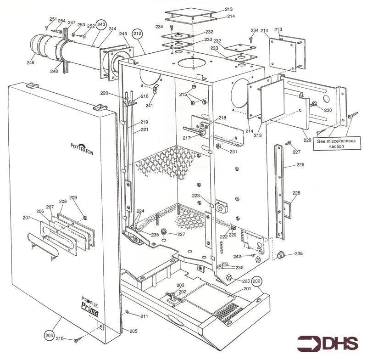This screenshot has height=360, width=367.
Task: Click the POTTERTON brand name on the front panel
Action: [82, 149]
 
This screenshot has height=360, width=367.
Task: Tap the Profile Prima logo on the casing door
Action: [89, 305]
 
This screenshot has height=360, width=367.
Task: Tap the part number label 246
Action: [30, 63]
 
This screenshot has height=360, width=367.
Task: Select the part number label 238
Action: [299, 253]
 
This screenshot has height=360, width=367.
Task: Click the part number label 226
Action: [300, 164]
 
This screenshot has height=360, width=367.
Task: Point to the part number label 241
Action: [149, 105]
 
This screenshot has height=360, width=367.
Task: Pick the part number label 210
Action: [60, 339]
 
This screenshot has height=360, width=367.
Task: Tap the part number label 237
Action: [182, 234]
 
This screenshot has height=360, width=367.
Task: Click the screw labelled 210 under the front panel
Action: [77, 340]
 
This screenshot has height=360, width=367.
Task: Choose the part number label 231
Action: [234, 152]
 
